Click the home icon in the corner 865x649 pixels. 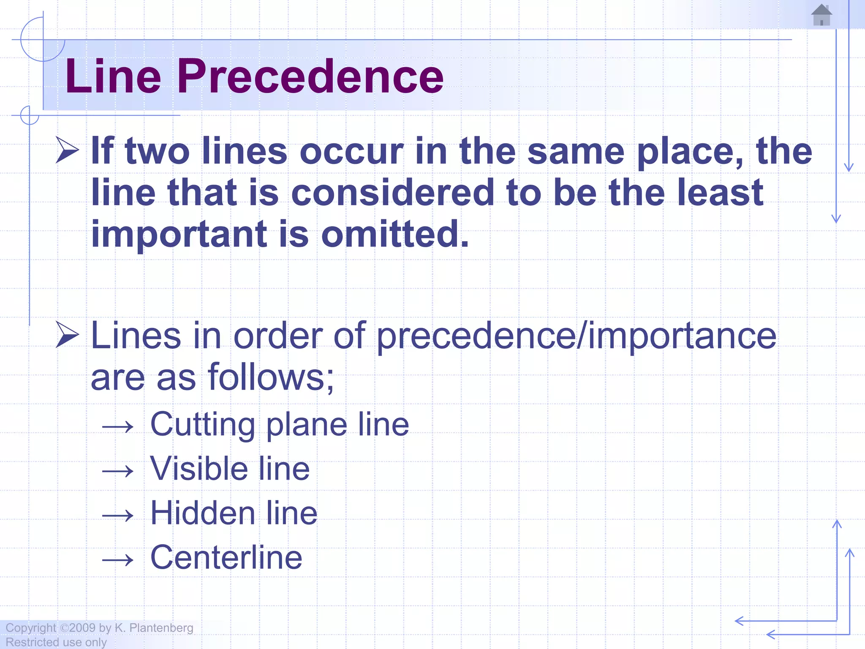coord(821,15)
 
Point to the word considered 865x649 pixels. coord(393,193)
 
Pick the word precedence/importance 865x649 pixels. coord(576,336)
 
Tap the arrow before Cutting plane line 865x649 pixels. coord(118,427)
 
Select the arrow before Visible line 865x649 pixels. coord(118,471)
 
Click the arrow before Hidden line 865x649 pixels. coord(118,515)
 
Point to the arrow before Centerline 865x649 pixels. coord(118,560)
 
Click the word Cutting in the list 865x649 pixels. coord(202,425)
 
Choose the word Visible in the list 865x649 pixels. coord(199,469)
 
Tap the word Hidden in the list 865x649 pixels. coord(202,513)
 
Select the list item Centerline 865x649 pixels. coord(226,557)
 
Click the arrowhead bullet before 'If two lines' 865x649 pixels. coord(67,150)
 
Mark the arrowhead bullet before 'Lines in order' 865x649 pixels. coord(67,335)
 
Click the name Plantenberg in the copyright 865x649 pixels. coord(161,628)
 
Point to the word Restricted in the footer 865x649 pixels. coord(32,642)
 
